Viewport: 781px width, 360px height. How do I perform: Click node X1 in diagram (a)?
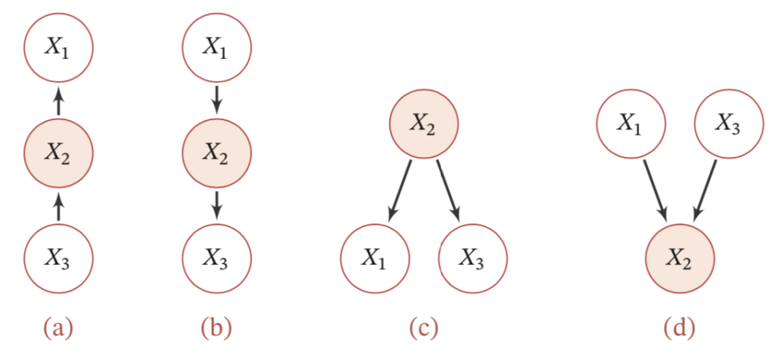(59, 48)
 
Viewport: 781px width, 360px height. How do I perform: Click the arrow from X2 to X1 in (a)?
(59, 100)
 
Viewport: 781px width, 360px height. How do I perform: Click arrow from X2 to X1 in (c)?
(401, 191)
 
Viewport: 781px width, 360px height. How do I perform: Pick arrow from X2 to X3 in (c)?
(449, 191)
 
